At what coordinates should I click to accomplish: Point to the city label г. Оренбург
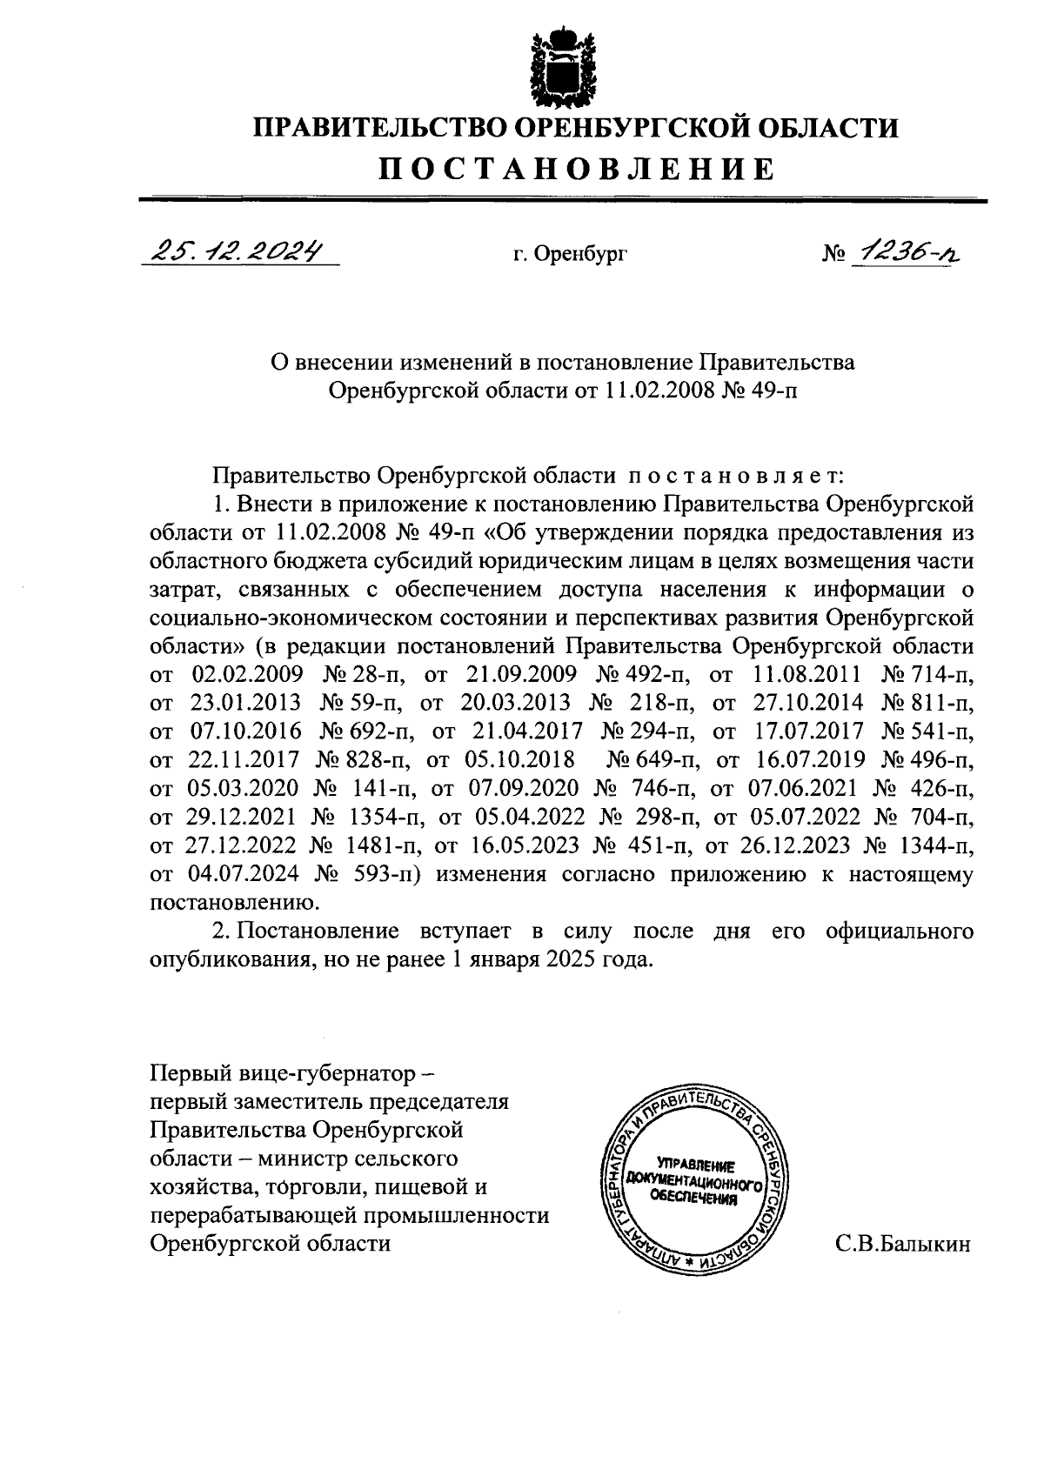pos(570,255)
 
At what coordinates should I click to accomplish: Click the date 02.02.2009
pos(247,675)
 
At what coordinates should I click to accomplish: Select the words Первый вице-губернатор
pos(276,1073)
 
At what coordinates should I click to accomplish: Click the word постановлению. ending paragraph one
pos(230,903)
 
